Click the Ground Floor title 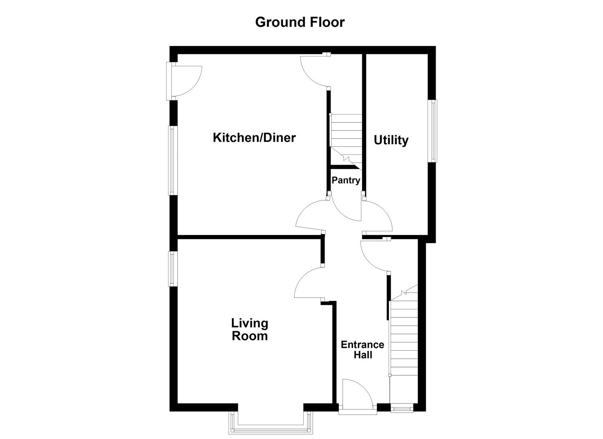point(300,22)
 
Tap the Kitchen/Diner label point(254,137)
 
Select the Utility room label point(391,140)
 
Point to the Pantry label point(346,180)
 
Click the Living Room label point(249,330)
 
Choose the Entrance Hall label point(362,350)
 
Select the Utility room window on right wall point(434,131)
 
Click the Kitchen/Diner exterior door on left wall point(185,81)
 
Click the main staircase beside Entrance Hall point(404,337)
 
